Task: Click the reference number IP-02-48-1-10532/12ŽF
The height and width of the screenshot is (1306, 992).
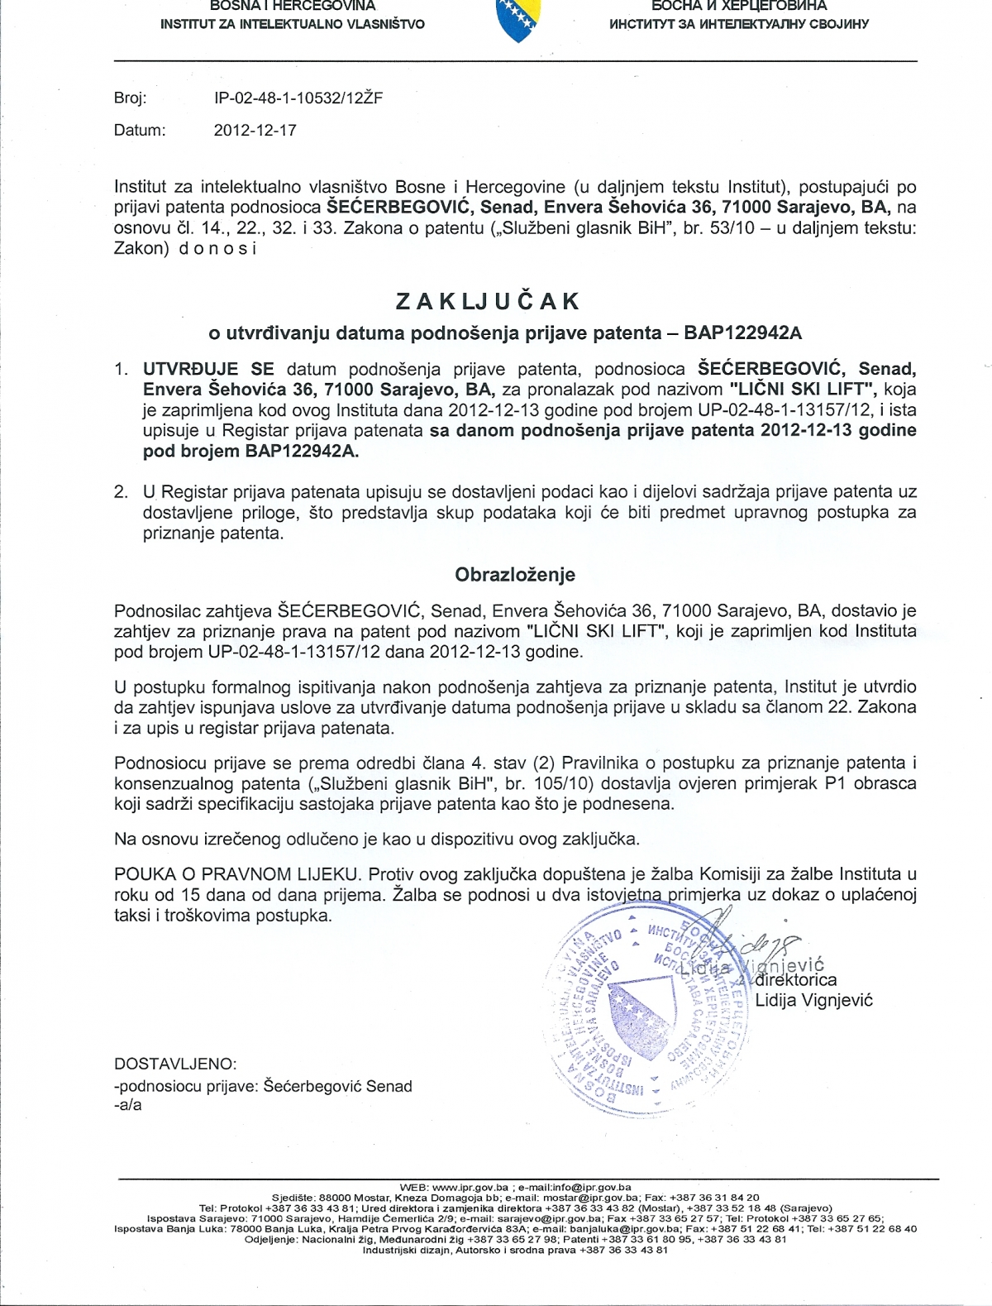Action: pyautogui.click(x=298, y=98)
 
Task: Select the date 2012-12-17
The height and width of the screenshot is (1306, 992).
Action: pyautogui.click(x=255, y=130)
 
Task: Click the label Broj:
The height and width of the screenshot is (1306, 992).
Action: pyautogui.click(x=130, y=98)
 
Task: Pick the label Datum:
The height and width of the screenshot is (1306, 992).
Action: pyautogui.click(x=140, y=130)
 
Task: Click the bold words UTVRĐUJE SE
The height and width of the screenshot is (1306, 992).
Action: pyautogui.click(x=208, y=368)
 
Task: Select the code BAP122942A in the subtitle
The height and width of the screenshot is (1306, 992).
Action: pyautogui.click(x=742, y=332)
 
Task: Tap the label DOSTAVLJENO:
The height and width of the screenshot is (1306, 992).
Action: pyautogui.click(x=175, y=1064)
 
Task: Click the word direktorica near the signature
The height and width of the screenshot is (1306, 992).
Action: pyautogui.click(x=796, y=980)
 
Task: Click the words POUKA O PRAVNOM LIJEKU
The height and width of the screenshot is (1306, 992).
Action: pyautogui.click(x=238, y=874)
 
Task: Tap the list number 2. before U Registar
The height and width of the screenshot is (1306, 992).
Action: pyautogui.click(x=122, y=491)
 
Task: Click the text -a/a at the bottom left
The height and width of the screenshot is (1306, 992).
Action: pyautogui.click(x=128, y=1104)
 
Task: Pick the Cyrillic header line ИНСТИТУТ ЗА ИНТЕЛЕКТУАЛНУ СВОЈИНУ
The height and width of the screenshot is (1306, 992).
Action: pyautogui.click(x=738, y=24)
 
